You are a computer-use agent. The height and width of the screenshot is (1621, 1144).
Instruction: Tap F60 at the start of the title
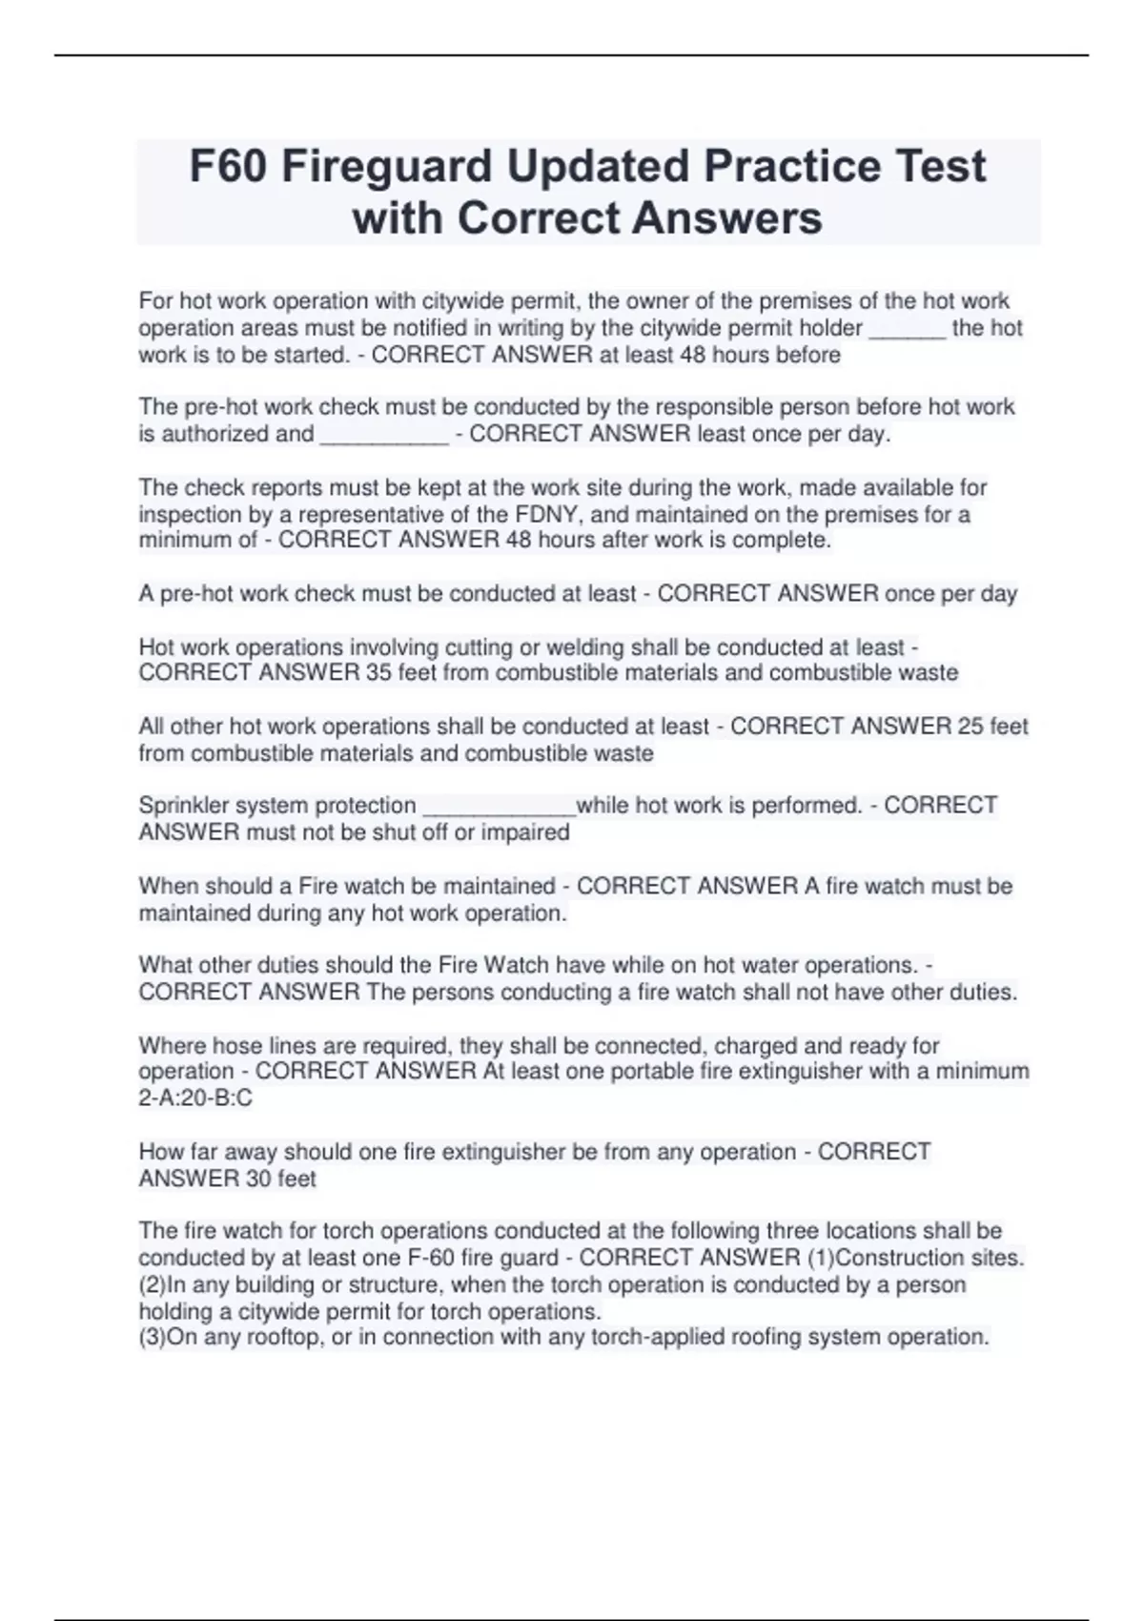pyautogui.click(x=228, y=166)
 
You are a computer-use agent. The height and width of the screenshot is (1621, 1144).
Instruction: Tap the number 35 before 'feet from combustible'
pyautogui.click(x=378, y=673)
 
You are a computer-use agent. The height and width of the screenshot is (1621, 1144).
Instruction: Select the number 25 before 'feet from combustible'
pyautogui.click(x=970, y=727)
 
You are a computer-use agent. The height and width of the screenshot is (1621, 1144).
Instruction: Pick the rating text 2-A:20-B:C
pyautogui.click(x=195, y=1098)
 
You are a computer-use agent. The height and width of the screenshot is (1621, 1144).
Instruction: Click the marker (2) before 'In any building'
pyautogui.click(x=153, y=1284)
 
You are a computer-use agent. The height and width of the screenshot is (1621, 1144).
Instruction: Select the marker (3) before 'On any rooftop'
pyautogui.click(x=153, y=1337)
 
